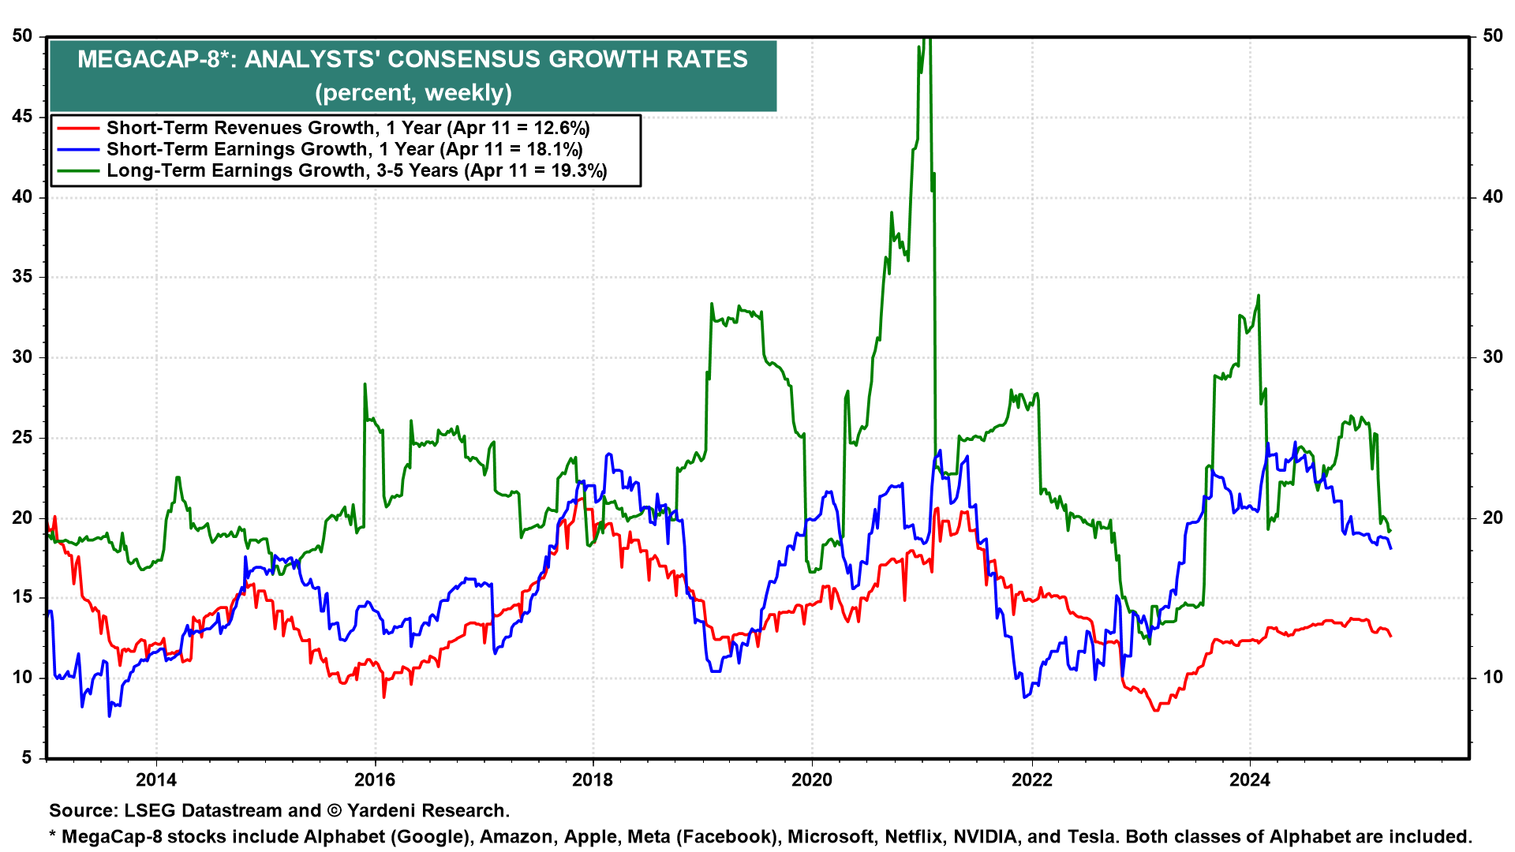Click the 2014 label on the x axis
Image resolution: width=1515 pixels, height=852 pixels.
coord(156,780)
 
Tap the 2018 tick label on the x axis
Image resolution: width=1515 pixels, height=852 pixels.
coord(593,780)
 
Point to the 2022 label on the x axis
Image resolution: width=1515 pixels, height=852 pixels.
coord(1032,780)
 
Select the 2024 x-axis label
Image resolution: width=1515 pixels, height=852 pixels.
coord(1250,780)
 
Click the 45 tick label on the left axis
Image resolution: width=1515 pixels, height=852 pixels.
coord(22,117)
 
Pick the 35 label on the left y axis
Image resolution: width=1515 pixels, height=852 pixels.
coord(22,277)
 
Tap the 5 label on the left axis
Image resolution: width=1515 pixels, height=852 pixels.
coord(27,758)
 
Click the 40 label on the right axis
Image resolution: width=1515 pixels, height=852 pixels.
coord(1493,196)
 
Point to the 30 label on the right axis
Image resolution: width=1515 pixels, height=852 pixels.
coord(1493,357)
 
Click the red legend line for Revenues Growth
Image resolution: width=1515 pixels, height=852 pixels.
coord(78,129)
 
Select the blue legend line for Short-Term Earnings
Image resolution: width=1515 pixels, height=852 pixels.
coord(78,150)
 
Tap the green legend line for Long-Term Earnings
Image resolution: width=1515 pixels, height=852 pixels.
coord(78,171)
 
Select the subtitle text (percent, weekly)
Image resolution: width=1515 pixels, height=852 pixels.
coord(413,93)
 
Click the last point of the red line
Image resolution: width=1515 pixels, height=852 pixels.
coord(1390,636)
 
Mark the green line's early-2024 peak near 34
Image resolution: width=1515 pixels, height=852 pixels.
coord(1259,296)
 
